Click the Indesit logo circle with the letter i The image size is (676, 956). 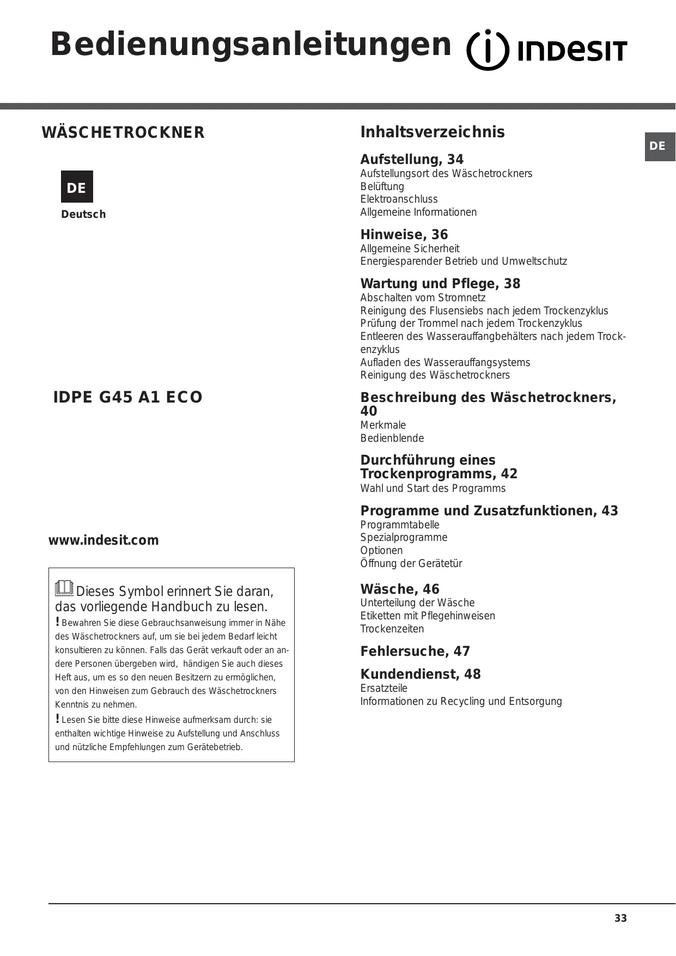coord(488,50)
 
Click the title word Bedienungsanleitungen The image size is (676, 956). coord(251,45)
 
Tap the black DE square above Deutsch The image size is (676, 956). coord(77,187)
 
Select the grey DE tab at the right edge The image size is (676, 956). coord(660,146)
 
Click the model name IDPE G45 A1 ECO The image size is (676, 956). coord(127,397)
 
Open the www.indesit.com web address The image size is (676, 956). coord(103,540)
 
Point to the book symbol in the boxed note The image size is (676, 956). coord(64,588)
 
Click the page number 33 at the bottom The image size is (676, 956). coord(620,918)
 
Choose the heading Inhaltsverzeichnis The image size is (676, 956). coord(433,132)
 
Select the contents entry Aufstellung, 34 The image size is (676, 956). coord(412,160)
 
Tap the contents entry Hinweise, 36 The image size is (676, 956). coord(404,235)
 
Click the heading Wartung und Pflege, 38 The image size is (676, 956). coord(440,284)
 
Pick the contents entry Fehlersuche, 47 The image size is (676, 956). coord(415,651)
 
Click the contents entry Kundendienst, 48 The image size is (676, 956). coord(421,674)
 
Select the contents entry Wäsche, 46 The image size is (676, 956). coord(400,589)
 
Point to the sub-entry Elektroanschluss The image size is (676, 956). coord(399,199)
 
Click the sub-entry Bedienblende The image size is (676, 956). coord(392,439)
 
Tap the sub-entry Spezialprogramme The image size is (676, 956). coord(404,538)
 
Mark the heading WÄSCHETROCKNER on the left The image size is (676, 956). coord(123,132)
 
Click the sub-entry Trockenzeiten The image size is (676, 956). coord(392,629)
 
